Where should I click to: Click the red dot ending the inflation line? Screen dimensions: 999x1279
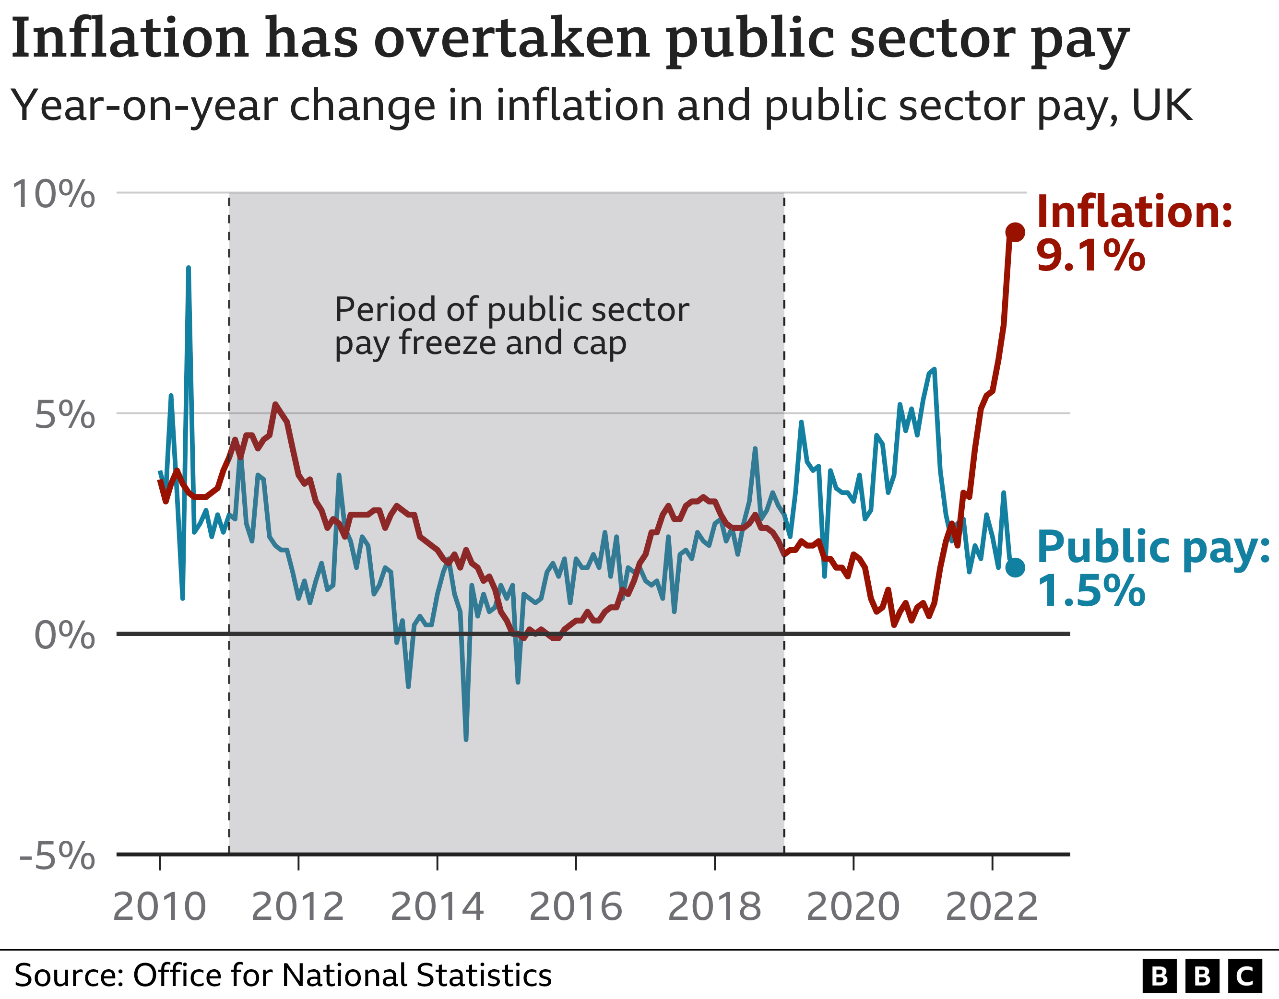coord(1015,232)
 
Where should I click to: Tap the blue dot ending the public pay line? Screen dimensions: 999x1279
coord(1015,567)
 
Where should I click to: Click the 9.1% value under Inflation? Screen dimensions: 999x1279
coord(1090,256)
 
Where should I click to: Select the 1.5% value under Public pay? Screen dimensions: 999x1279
coord(1090,591)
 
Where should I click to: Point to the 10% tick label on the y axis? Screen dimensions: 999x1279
coord(53,194)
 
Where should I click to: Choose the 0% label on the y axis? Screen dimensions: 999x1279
coord(64,635)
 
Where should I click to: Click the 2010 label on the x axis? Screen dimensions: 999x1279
coord(159,907)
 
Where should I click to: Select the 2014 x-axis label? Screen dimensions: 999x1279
coord(437,907)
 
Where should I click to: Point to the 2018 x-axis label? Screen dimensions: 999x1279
coord(714,907)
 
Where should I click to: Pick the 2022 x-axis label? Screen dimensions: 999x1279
coord(992,907)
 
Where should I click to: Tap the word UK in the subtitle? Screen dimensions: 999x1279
coord(1162,106)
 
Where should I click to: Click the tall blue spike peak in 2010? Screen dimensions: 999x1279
coord(188,268)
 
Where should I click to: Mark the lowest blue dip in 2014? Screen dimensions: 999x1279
coord(465,739)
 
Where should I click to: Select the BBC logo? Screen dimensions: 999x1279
coord(1202,976)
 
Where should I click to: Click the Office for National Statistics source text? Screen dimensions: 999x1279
coord(342,975)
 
